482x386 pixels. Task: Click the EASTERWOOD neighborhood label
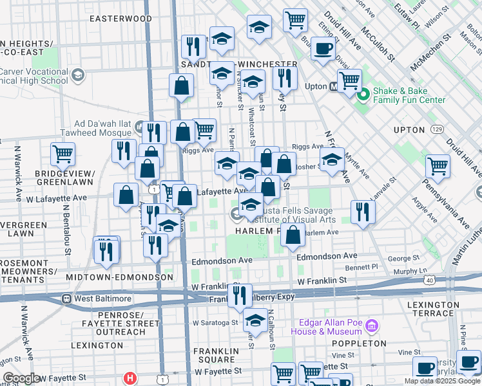(x=121, y=19)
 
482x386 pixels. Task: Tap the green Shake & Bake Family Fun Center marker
(x=363, y=95)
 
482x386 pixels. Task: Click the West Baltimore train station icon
(x=66, y=299)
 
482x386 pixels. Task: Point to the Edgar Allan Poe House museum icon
(x=371, y=326)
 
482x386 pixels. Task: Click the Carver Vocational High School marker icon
(x=78, y=76)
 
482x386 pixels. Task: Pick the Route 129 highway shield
(x=438, y=129)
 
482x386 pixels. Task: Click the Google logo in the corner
(x=21, y=378)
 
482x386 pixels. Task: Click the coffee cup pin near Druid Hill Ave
(x=323, y=48)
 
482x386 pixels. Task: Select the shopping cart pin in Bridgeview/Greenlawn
(x=63, y=154)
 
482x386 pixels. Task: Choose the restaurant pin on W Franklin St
(x=239, y=296)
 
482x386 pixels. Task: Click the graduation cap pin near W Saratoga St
(x=256, y=322)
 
